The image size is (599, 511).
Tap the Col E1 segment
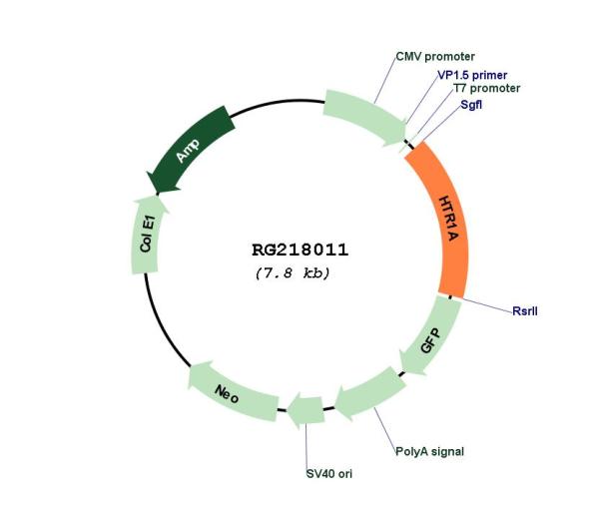tap(147, 235)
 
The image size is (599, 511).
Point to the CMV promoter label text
tap(435, 57)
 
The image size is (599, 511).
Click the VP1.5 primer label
tap(472, 75)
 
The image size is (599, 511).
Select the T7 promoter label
tap(487, 88)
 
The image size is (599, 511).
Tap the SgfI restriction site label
tap(471, 104)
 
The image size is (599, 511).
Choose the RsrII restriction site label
tap(525, 311)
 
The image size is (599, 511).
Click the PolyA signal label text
tap(429, 451)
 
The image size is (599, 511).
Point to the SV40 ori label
tap(329, 474)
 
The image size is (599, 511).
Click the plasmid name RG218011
tap(299, 251)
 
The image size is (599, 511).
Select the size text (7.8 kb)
tap(293, 273)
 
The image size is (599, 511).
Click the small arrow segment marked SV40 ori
tap(305, 411)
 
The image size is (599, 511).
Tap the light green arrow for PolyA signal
tap(368, 394)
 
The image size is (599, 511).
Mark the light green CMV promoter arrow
tap(364, 117)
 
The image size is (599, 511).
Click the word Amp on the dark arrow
tap(188, 151)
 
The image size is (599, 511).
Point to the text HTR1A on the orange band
tap(449, 219)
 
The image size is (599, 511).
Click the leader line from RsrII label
tap(487, 304)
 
